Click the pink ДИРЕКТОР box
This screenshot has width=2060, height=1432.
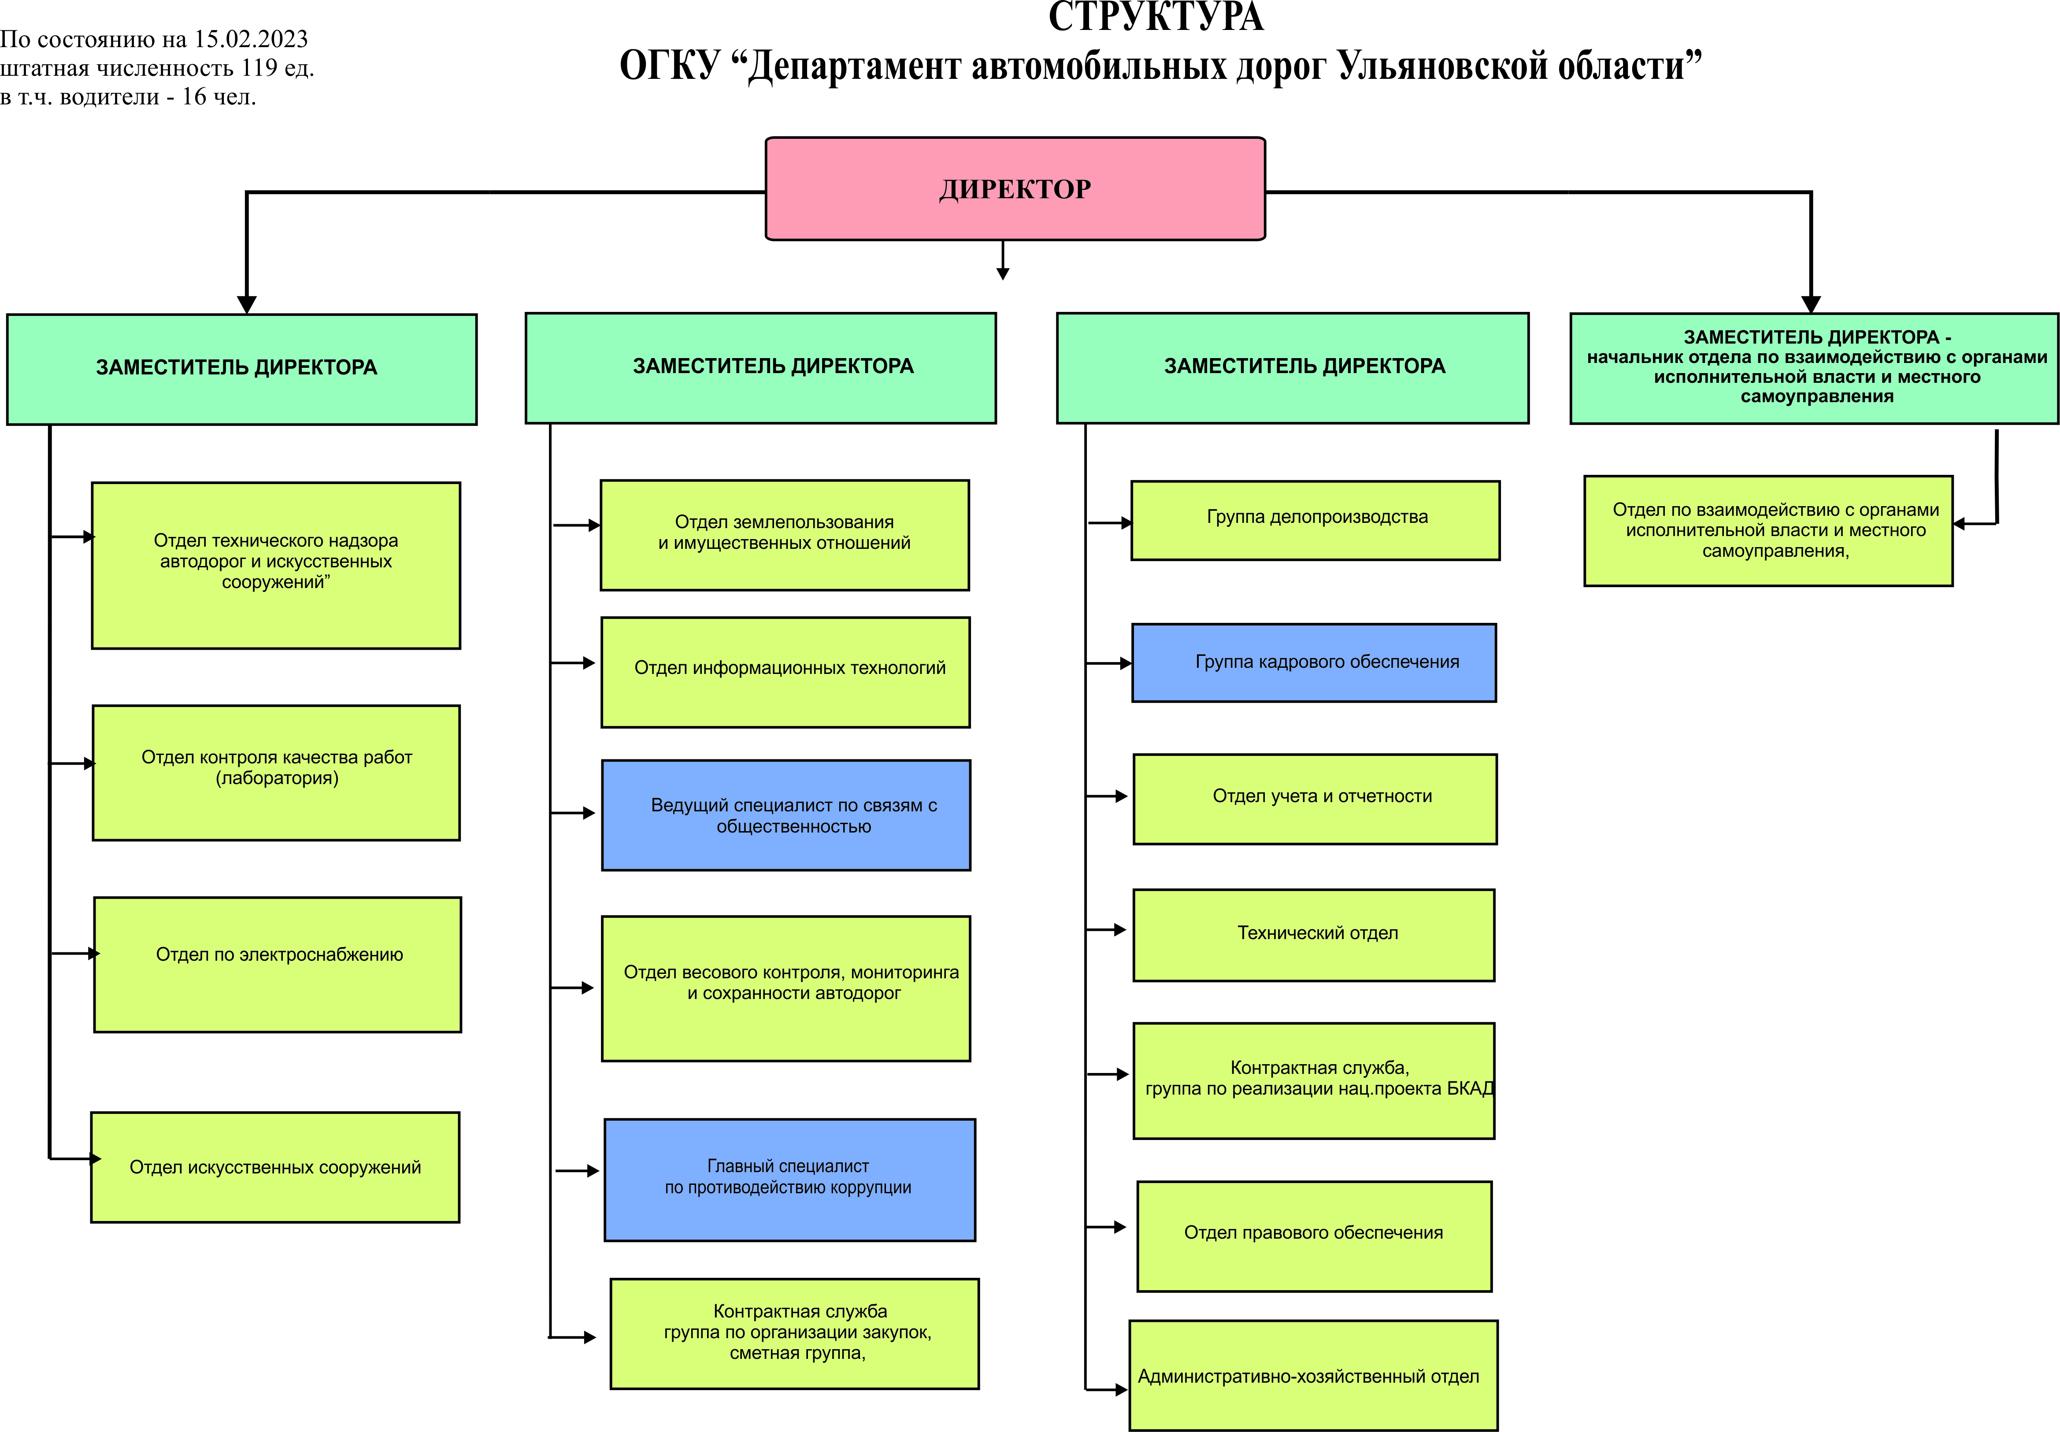1015,189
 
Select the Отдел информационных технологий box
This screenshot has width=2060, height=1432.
785,672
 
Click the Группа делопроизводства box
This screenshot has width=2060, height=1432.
1315,520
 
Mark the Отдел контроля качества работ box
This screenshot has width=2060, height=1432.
276,773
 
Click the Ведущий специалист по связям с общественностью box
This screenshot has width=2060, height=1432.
786,815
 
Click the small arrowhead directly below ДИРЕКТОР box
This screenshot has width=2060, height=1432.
1003,274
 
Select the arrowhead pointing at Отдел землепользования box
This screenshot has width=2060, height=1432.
594,525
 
